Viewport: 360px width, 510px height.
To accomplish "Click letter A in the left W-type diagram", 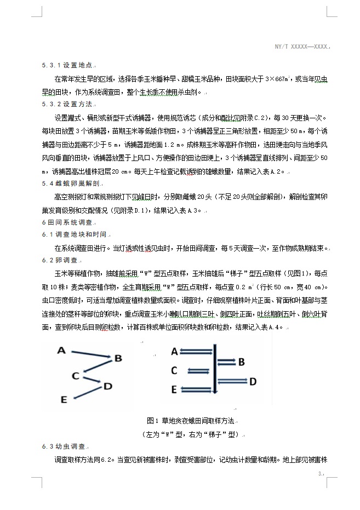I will point(61,351).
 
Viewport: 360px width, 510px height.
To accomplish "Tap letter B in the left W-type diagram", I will point(117,358).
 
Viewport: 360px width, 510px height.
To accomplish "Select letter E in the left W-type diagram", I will point(64,400).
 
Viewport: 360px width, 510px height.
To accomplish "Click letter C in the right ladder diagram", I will point(174,371).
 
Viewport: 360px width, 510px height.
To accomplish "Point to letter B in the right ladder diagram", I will point(241,362).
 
